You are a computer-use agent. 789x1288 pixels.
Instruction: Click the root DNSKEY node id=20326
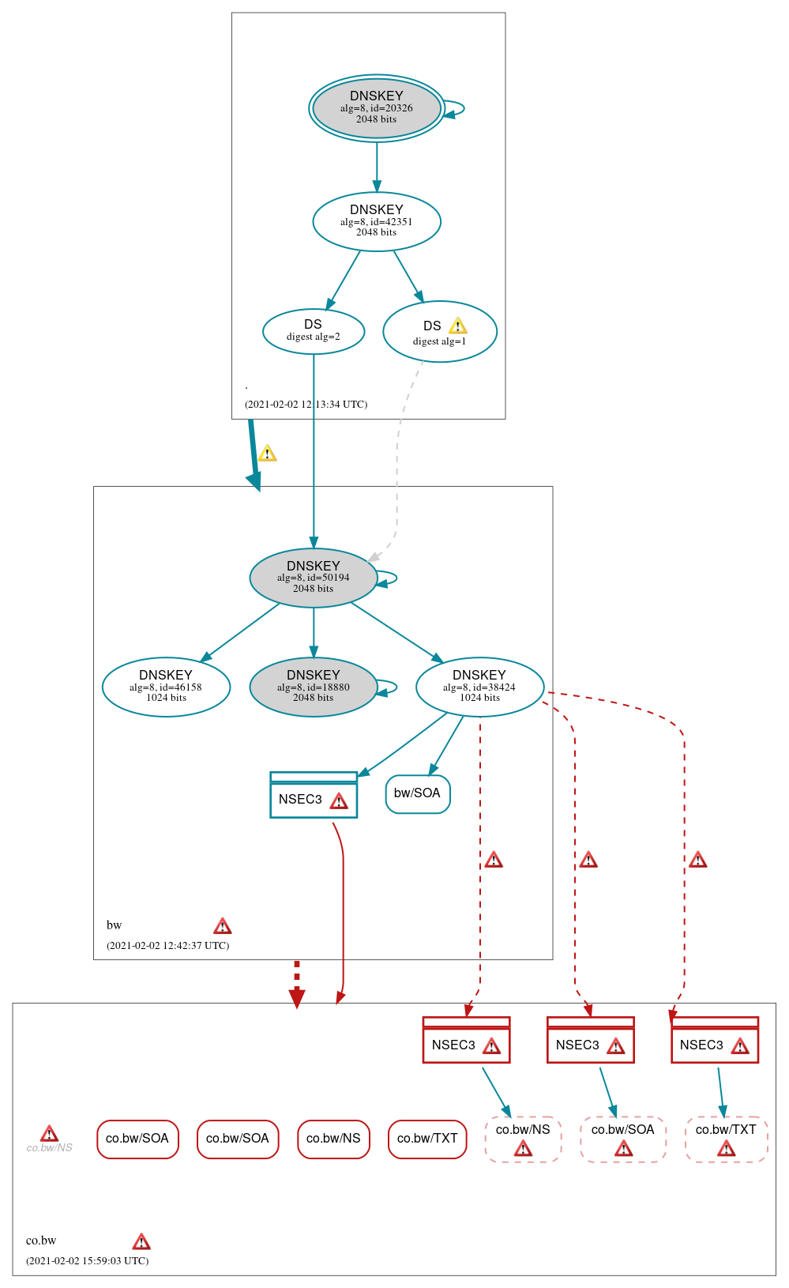(x=376, y=108)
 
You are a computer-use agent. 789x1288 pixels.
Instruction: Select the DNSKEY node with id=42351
(x=376, y=221)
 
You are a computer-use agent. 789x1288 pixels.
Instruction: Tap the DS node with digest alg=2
(x=313, y=331)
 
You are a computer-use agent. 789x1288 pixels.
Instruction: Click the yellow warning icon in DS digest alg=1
(x=457, y=326)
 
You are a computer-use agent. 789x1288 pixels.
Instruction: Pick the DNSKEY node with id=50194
(x=313, y=578)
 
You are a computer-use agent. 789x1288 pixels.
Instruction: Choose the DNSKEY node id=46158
(x=166, y=687)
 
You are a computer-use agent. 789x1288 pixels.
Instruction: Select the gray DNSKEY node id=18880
(x=313, y=687)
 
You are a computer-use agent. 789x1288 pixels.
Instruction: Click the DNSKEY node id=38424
(x=479, y=687)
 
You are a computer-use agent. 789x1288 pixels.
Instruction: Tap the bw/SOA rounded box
(x=417, y=793)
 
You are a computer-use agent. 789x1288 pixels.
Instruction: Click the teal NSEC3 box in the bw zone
(x=313, y=796)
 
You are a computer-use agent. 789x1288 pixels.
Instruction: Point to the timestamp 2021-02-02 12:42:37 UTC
(x=167, y=946)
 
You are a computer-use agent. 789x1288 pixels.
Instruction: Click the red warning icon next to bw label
(x=223, y=926)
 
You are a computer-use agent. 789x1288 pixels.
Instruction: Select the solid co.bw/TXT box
(x=427, y=1139)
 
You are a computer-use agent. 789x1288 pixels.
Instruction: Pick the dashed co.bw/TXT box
(x=726, y=1139)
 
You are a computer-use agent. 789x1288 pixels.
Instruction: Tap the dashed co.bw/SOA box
(x=622, y=1139)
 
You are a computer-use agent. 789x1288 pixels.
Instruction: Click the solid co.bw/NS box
(x=333, y=1139)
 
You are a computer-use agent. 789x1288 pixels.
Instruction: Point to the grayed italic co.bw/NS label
(x=49, y=1147)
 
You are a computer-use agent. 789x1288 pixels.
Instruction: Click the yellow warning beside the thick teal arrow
(x=268, y=454)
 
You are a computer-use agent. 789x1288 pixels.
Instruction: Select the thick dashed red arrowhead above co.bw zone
(x=297, y=997)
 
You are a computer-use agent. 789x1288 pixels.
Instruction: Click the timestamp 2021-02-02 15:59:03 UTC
(x=87, y=1261)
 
